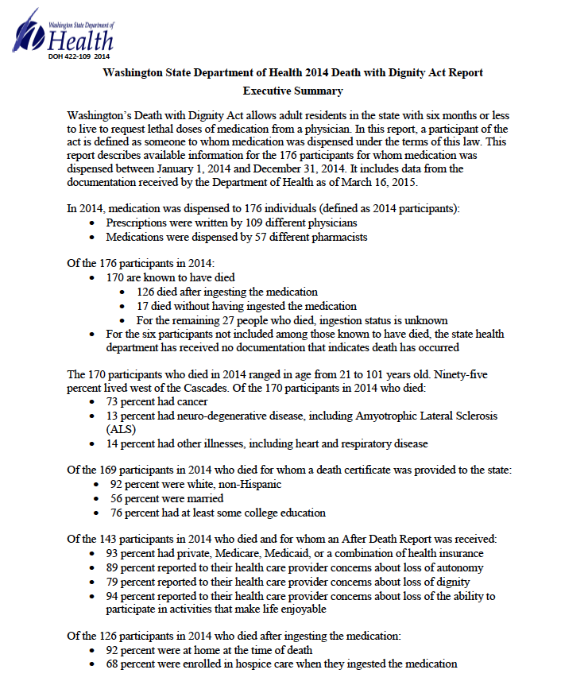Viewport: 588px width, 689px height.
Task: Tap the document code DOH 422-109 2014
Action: coord(79,57)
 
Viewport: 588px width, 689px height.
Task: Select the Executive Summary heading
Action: coord(292,91)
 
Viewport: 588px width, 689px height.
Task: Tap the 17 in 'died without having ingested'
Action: coord(143,306)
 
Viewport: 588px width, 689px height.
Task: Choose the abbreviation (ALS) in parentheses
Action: coord(121,429)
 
